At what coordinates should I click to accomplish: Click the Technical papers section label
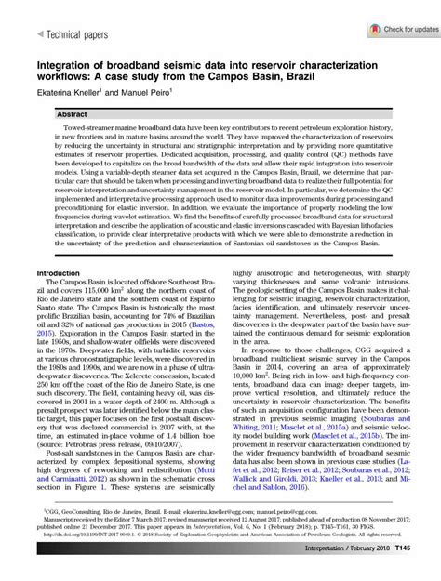click(x=67, y=33)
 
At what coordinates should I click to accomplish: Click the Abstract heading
click(x=72, y=113)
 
